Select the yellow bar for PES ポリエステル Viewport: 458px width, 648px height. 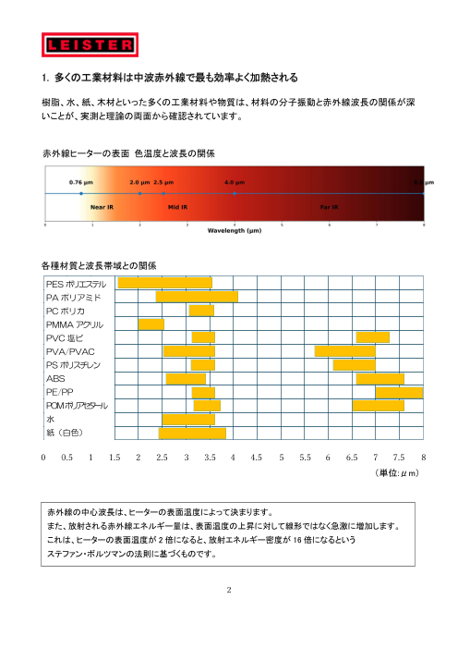165,283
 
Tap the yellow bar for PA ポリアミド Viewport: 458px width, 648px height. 197,297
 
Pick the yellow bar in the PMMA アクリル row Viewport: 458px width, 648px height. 151,324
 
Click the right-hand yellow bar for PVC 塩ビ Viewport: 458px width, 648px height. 373,336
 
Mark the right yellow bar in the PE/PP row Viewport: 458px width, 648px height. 399,392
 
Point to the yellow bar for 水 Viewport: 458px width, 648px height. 188,419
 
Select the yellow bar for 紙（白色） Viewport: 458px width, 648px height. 192,432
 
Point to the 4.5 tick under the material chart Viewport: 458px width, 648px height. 258,457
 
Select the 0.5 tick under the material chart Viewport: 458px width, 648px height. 67,457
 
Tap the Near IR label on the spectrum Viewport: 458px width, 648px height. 102,208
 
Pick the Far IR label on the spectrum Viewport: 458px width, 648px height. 329,208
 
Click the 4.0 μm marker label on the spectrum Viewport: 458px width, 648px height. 235,183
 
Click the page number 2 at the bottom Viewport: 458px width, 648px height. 228,585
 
